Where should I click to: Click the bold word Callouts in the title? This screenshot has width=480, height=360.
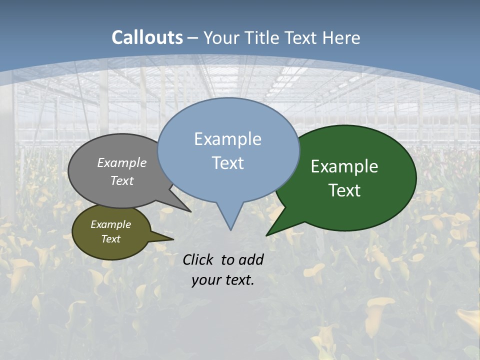click(x=147, y=37)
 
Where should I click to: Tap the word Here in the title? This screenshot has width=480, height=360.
click(x=342, y=38)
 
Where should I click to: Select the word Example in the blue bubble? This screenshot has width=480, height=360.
click(x=227, y=139)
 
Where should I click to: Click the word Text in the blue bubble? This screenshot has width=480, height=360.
click(x=227, y=163)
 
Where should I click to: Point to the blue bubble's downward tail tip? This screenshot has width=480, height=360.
click(x=230, y=230)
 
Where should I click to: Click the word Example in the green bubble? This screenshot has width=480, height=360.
click(x=344, y=166)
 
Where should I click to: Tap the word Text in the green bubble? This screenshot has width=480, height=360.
click(x=344, y=190)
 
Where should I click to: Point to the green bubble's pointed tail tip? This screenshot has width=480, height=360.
click(x=266, y=235)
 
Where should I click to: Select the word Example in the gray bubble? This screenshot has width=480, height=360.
click(x=121, y=162)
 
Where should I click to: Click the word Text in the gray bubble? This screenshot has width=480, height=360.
click(x=121, y=180)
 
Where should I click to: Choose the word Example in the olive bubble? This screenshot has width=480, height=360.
click(x=110, y=224)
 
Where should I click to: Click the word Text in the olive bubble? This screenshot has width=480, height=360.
click(x=110, y=239)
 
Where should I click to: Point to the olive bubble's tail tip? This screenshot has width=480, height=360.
click(x=173, y=239)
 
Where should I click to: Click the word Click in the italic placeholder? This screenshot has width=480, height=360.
click(x=199, y=259)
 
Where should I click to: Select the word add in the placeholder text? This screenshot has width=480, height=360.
click(x=252, y=259)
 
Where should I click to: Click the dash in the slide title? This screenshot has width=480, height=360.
click(x=193, y=38)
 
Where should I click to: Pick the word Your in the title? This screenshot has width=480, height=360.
click(x=221, y=38)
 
